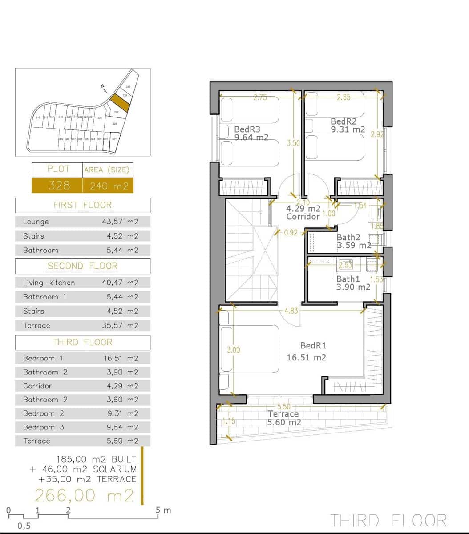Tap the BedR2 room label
tap(344, 121)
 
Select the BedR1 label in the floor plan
tap(313, 346)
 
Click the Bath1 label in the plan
tap(348, 279)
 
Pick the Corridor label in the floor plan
tap(303, 217)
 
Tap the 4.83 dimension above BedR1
tap(291, 311)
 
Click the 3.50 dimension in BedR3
tap(293, 143)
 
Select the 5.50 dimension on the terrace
tap(283, 407)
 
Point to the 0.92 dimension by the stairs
tap(290, 232)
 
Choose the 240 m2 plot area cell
tap(109, 186)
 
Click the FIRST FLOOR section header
tap(82, 205)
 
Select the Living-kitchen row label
tap(49, 283)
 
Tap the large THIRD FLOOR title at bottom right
tap(388, 520)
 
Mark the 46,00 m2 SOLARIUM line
tap(83, 469)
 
